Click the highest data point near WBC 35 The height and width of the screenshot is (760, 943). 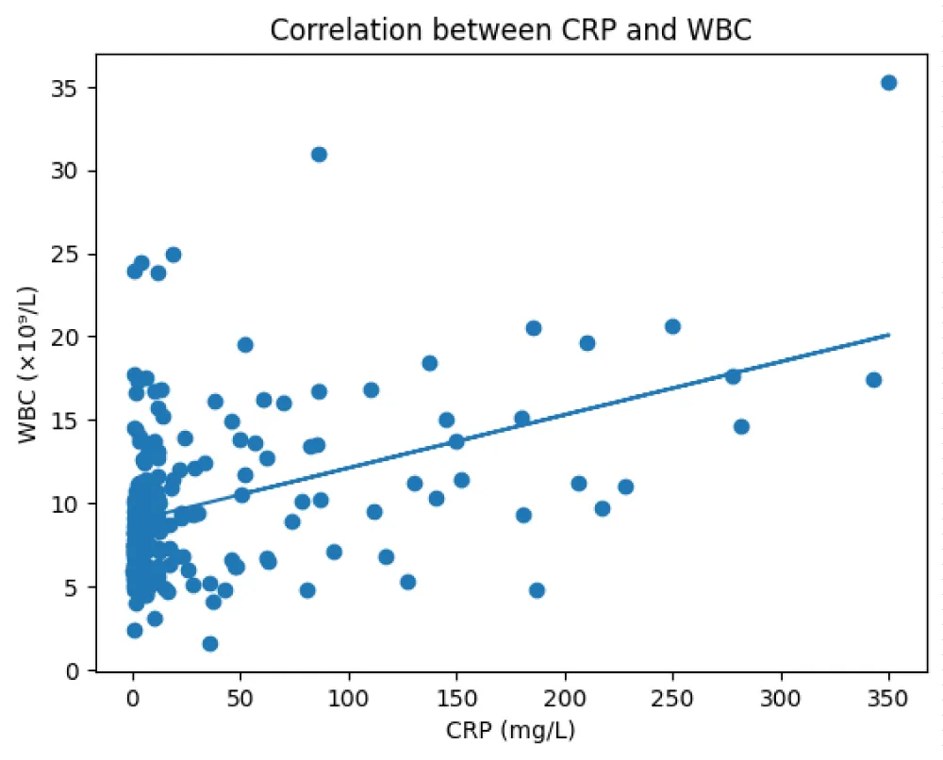click(x=888, y=83)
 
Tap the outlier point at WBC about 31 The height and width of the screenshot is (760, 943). click(x=319, y=155)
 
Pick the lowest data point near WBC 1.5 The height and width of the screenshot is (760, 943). click(x=210, y=644)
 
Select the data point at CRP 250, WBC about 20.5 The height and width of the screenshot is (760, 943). click(x=672, y=326)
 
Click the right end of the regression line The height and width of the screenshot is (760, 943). click(x=888, y=334)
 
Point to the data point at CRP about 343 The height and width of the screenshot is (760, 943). click(x=873, y=380)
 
